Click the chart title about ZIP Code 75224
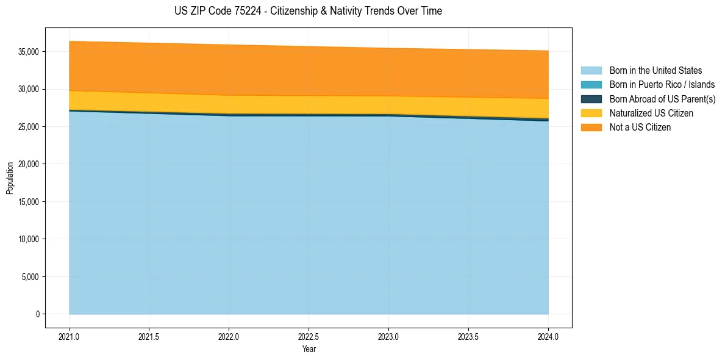pos(308,11)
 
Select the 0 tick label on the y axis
pos(37,314)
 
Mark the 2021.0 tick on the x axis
pos(70,336)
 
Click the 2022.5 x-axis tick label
pos(309,336)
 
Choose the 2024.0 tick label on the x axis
pos(548,336)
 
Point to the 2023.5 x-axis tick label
pos(468,336)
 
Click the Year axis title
pos(309,349)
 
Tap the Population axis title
pos(10,178)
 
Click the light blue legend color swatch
pos(591,71)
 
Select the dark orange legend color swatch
pos(591,128)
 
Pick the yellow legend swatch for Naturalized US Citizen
pos(591,113)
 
